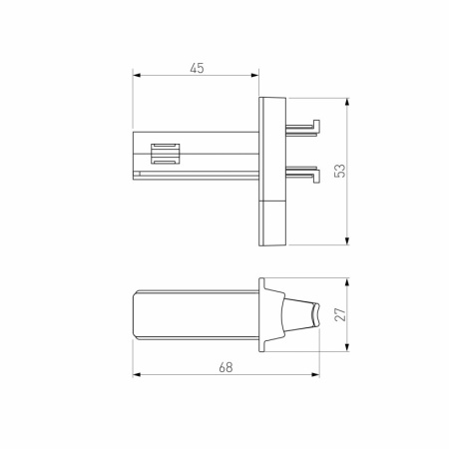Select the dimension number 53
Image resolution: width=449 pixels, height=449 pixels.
pyautogui.click(x=339, y=170)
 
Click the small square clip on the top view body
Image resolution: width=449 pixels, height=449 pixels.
pyautogui.click(x=165, y=155)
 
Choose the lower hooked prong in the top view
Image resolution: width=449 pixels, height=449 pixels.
pyautogui.click(x=304, y=173)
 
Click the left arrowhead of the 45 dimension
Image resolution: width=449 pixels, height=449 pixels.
pyautogui.click(x=137, y=76)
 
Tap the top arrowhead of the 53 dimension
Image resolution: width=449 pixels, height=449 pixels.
pyautogui.click(x=347, y=101)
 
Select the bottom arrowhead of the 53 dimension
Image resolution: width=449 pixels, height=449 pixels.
pyautogui.click(x=347, y=240)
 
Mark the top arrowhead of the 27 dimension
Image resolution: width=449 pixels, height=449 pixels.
pyautogui.click(x=347, y=281)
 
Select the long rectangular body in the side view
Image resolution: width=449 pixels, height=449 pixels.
pyautogui.click(x=195, y=314)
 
